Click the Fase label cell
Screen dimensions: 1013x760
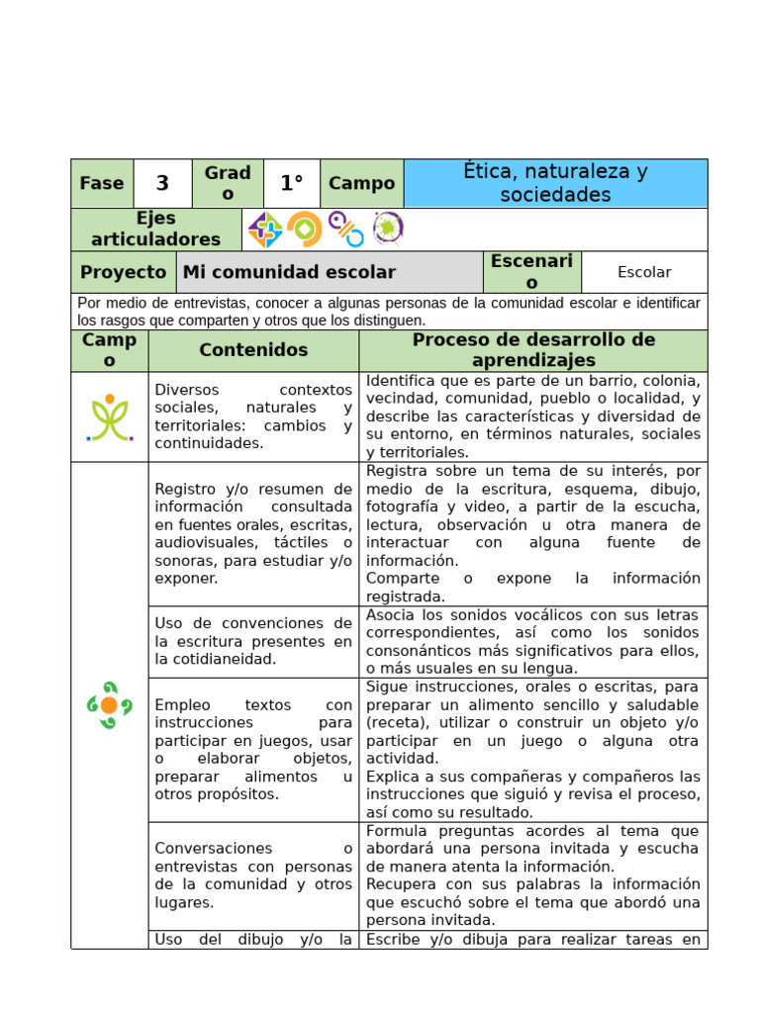click(x=102, y=183)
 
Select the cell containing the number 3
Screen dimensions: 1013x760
click(x=162, y=183)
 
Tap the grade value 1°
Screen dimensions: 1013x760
click(x=291, y=183)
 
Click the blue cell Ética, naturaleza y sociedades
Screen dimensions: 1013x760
click(x=555, y=183)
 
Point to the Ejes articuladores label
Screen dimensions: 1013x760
click(x=156, y=229)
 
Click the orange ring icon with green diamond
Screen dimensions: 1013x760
click(x=305, y=229)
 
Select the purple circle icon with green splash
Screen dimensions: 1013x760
click(x=388, y=229)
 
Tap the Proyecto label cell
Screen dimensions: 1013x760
click(x=123, y=272)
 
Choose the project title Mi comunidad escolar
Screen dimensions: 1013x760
click(x=289, y=272)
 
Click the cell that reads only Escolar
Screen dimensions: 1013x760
click(x=644, y=272)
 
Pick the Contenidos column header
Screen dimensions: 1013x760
click(x=253, y=350)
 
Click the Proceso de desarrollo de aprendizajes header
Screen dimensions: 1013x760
click(x=533, y=350)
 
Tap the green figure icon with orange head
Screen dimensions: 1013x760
click(x=110, y=416)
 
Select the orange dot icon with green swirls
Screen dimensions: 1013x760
click(x=109, y=704)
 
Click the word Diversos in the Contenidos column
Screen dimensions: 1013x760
click(x=187, y=390)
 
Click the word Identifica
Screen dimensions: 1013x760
click(x=401, y=381)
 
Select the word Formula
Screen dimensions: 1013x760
click(x=395, y=831)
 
